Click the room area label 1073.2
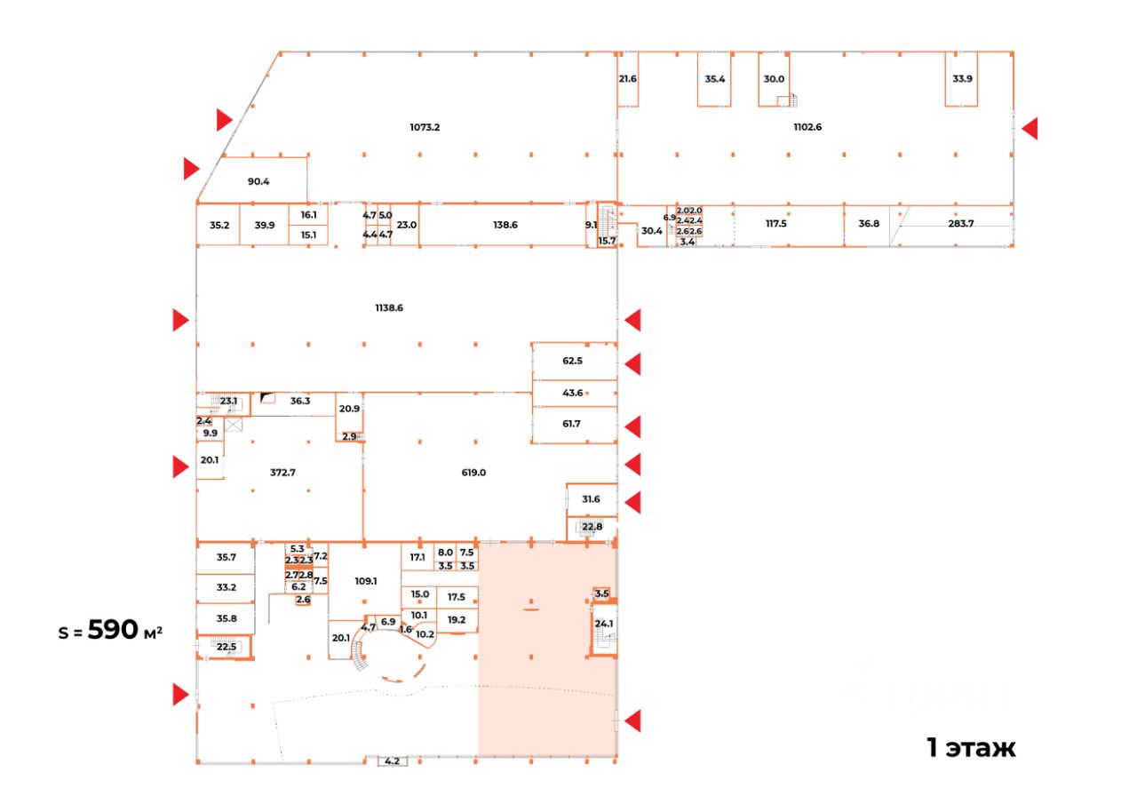click(425, 127)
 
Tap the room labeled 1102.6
click(807, 127)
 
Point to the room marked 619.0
click(473, 473)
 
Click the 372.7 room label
click(282, 473)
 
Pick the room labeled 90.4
click(258, 181)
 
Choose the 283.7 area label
click(961, 224)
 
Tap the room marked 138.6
click(505, 226)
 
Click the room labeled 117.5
click(776, 224)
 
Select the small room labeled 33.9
click(962, 78)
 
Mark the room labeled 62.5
click(572, 362)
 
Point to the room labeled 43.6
click(572, 393)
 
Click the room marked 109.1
click(366, 581)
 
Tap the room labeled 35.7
click(227, 558)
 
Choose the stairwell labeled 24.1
click(604, 625)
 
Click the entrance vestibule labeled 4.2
click(392, 761)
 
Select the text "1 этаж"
click(971, 748)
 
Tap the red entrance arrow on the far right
click(1030, 129)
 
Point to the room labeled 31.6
click(591, 499)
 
